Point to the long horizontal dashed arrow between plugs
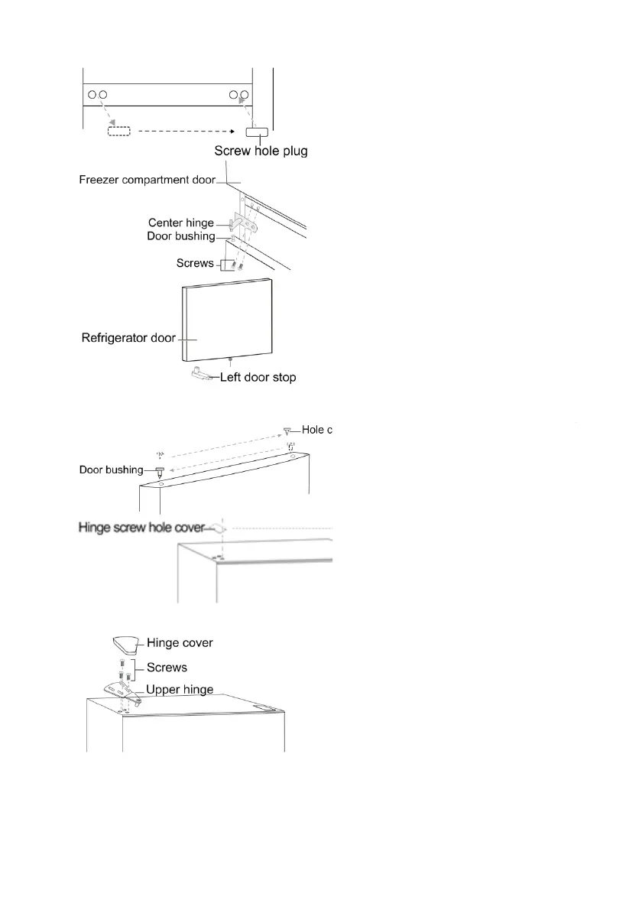(x=187, y=131)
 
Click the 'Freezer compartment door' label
(x=147, y=180)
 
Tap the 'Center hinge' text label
(x=181, y=223)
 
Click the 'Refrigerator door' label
(x=128, y=337)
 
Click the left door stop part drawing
(x=200, y=375)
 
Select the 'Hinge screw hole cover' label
(x=141, y=527)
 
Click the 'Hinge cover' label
(x=180, y=643)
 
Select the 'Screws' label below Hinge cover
(x=167, y=667)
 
